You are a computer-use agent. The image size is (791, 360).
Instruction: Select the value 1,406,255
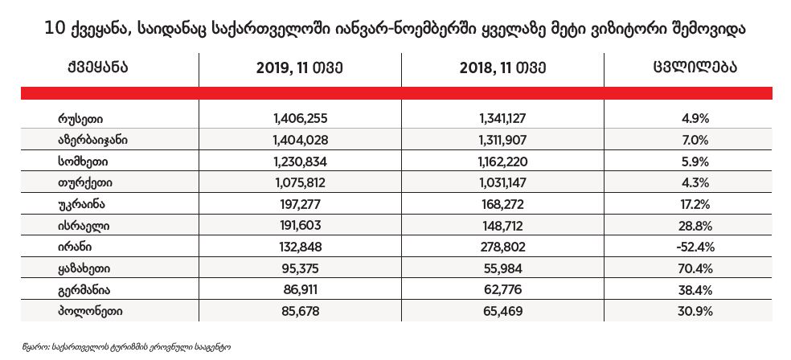pos(300,119)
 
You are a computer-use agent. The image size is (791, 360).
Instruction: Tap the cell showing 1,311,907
pos(504,140)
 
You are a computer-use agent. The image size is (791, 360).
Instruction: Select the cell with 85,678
pos(300,310)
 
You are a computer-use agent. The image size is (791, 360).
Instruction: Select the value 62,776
pos(504,288)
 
